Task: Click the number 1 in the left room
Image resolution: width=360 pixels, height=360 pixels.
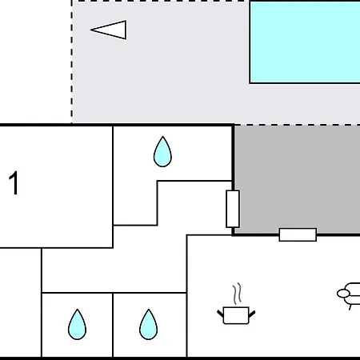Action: pyautogui.click(x=14, y=183)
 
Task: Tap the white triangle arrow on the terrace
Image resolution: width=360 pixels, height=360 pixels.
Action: pyautogui.click(x=110, y=30)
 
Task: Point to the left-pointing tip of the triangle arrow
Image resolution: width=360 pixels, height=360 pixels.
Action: pyautogui.click(x=90, y=30)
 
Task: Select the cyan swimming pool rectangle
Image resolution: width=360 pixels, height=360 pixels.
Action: pyautogui.click(x=305, y=42)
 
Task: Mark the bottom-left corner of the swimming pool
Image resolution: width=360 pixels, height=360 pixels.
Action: pyautogui.click(x=250, y=83)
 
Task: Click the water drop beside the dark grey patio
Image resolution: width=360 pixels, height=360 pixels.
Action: pyautogui.click(x=162, y=152)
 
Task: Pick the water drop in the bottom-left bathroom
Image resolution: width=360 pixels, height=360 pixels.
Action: pyautogui.click(x=77, y=325)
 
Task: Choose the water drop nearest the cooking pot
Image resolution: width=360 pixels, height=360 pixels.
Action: pyautogui.click(x=149, y=325)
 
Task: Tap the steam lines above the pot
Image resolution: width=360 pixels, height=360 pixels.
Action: pyautogui.click(x=237, y=294)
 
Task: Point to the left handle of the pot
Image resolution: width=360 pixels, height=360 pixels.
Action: pyautogui.click(x=220, y=314)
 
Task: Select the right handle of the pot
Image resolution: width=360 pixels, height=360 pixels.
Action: pyautogui.click(x=252, y=314)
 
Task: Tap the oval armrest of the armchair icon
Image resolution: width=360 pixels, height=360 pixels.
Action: pyautogui.click(x=343, y=294)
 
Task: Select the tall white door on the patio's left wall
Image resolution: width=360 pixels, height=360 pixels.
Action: pyautogui.click(x=233, y=209)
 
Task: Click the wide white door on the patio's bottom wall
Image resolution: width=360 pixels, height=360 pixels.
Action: pyautogui.click(x=298, y=234)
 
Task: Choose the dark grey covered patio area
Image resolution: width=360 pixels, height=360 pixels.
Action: pyautogui.click(x=298, y=178)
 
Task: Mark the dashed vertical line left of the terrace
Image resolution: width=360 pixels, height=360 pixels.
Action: pyautogui.click(x=72, y=62)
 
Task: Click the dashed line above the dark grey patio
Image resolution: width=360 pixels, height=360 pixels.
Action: pyautogui.click(x=298, y=125)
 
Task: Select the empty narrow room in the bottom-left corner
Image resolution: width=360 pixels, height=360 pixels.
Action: pyautogui.click(x=21, y=302)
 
